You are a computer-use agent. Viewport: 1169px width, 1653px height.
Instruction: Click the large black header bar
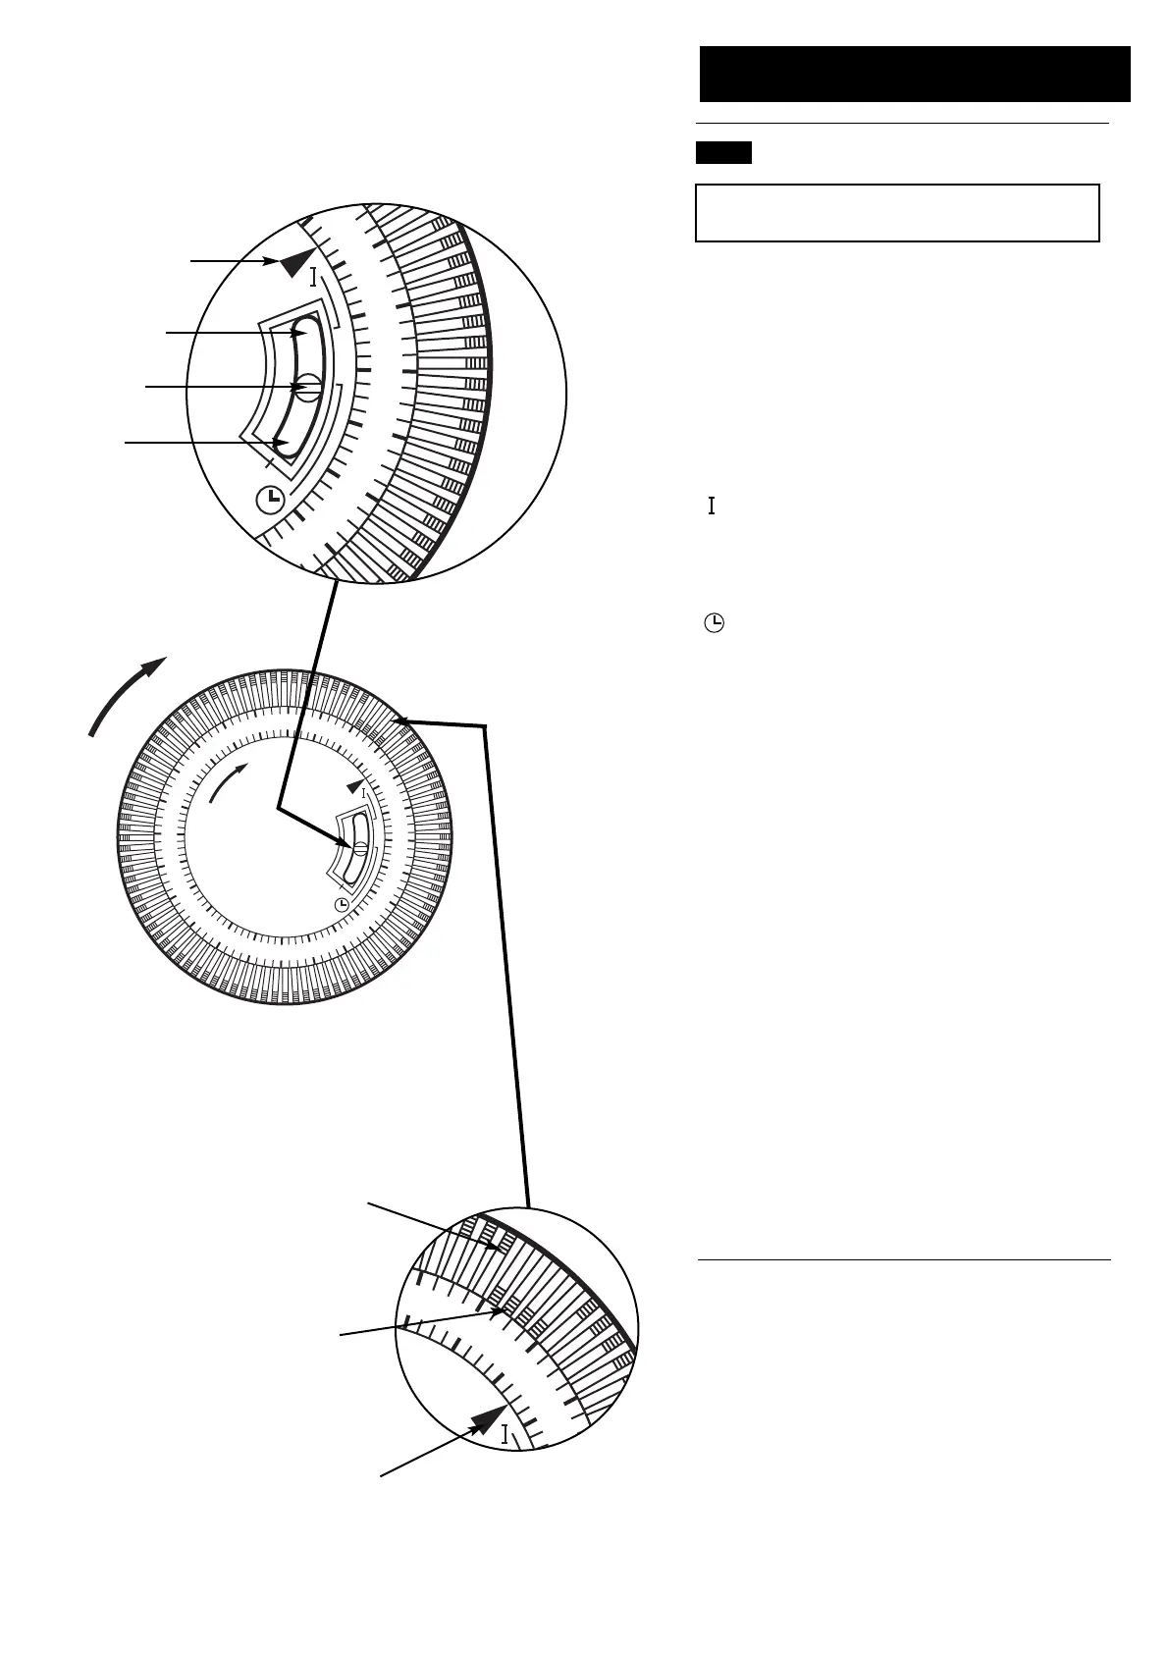915,74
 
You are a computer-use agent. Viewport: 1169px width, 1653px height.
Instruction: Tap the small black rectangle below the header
723,152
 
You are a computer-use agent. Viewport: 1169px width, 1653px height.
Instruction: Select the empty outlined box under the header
896,212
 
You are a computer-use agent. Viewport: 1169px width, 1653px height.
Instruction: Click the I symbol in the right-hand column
712,506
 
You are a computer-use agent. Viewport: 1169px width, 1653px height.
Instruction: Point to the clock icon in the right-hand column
716,623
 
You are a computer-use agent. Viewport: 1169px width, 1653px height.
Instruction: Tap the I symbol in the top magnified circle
312,277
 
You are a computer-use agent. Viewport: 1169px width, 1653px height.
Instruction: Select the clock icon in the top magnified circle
268,500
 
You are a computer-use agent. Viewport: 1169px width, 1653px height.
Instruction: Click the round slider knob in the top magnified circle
308,387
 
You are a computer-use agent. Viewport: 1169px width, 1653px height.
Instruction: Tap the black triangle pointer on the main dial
355,786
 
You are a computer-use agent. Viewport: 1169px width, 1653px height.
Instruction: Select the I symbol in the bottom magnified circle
505,1434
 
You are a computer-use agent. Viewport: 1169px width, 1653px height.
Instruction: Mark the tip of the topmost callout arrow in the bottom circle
500,1248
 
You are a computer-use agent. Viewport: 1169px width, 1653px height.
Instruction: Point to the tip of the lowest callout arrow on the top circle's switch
288,444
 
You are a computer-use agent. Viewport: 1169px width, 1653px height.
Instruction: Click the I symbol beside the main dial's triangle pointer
364,792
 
